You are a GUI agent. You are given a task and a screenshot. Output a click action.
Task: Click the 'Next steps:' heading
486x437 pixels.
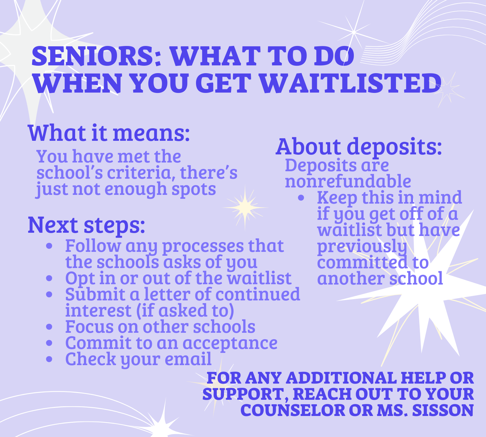point(87,225)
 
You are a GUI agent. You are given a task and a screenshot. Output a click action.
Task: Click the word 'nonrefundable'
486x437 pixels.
point(348,181)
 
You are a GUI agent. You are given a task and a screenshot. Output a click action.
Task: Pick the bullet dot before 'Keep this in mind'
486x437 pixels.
point(301,198)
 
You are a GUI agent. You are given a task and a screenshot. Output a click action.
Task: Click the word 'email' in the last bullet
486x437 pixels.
point(188,359)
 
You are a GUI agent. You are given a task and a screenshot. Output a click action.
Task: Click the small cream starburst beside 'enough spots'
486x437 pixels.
point(245,207)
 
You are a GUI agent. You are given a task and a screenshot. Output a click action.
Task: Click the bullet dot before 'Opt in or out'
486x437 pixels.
point(49,278)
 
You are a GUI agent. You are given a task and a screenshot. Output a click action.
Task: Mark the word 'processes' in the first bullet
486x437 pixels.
point(203,246)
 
